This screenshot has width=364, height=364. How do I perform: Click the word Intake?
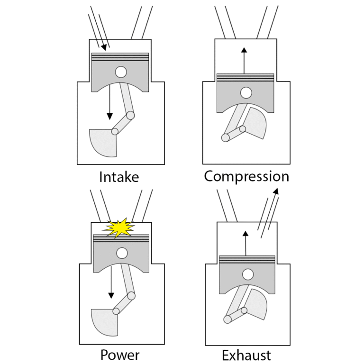click(x=119, y=177)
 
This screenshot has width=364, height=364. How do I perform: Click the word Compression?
click(x=246, y=176)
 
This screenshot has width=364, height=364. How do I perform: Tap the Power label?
click(x=120, y=355)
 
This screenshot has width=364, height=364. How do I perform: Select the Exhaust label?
click(x=246, y=355)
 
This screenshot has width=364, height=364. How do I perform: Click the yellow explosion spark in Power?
click(x=119, y=228)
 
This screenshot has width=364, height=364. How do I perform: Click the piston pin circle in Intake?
click(x=121, y=72)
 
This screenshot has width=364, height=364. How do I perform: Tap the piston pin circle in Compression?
click(x=246, y=92)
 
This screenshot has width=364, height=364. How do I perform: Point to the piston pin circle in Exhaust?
click(x=247, y=274)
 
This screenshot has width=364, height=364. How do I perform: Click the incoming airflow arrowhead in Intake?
click(x=104, y=47)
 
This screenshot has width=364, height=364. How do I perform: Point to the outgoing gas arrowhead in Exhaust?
click(x=275, y=191)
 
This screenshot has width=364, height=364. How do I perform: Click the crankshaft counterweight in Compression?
click(x=255, y=122)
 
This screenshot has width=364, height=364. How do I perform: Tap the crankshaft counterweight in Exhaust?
click(x=257, y=303)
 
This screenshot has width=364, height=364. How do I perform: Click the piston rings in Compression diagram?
click(x=245, y=77)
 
